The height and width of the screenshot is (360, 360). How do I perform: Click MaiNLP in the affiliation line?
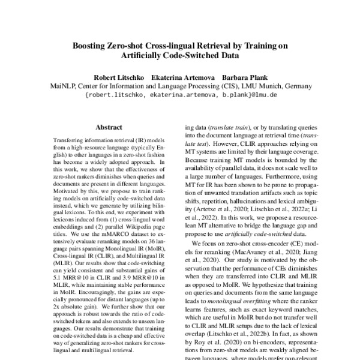click(61, 86)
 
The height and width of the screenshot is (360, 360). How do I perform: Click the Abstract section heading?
click(109, 127)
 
